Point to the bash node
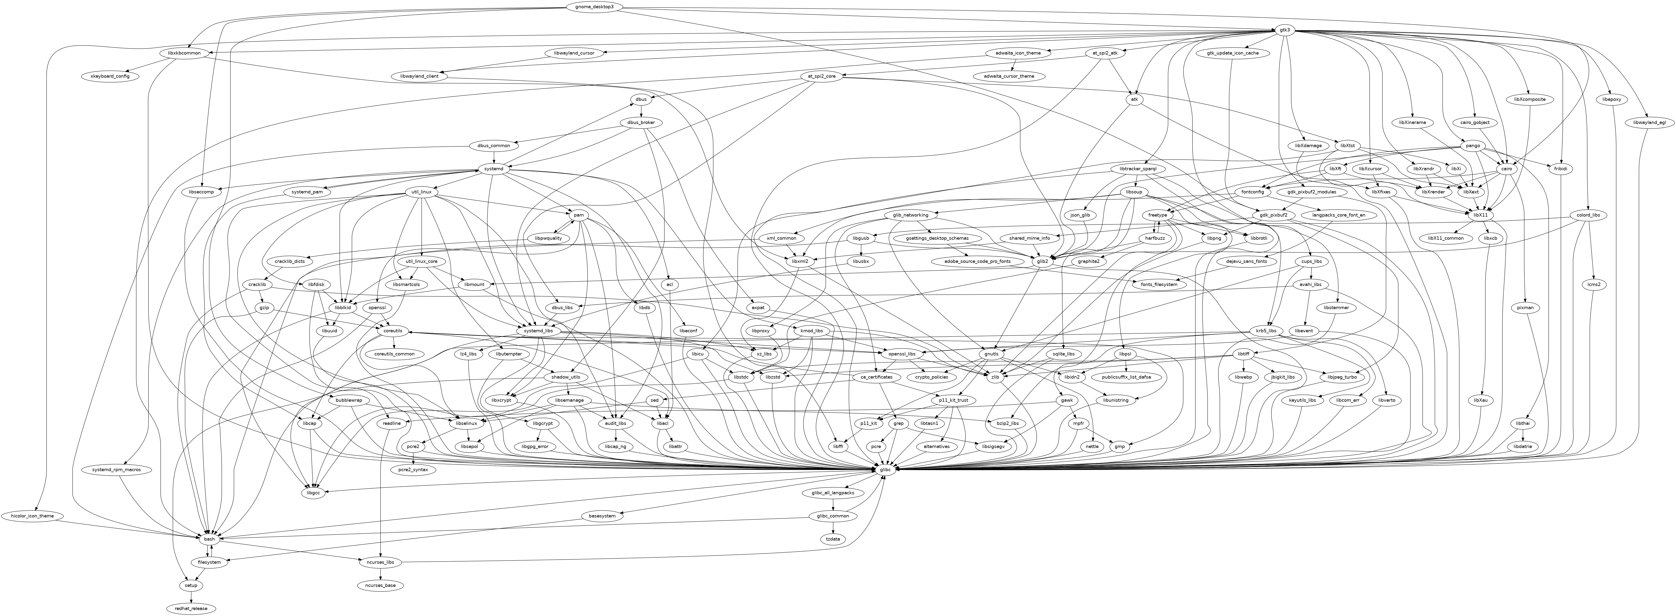point(209,539)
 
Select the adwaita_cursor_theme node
point(1013,76)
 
